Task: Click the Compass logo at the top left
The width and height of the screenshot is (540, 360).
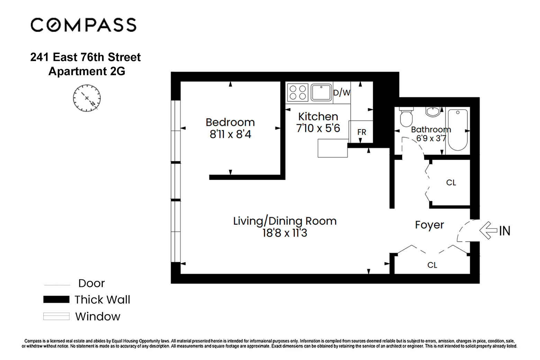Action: [83, 25]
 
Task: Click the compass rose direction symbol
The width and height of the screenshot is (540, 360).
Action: [87, 98]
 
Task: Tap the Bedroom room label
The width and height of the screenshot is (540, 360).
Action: [230, 122]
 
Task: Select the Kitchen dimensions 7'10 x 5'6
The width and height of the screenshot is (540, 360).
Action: [318, 128]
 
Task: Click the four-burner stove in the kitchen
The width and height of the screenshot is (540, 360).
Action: [298, 92]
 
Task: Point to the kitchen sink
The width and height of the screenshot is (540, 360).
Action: [321, 92]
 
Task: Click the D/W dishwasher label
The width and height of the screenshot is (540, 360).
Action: [341, 92]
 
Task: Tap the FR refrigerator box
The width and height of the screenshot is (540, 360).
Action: [361, 132]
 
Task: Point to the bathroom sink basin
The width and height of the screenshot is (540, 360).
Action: [432, 112]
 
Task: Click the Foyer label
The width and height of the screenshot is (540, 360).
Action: [429, 225]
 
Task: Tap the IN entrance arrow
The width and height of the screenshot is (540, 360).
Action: [489, 230]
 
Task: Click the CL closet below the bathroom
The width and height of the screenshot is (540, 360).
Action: [451, 182]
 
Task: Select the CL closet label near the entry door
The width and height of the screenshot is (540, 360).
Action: [432, 265]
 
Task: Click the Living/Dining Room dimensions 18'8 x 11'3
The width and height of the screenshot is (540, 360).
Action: [285, 233]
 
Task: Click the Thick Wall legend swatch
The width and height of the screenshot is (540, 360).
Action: [56, 299]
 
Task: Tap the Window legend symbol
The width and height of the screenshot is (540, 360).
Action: [56, 316]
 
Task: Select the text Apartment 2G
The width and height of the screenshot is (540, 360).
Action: [87, 71]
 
